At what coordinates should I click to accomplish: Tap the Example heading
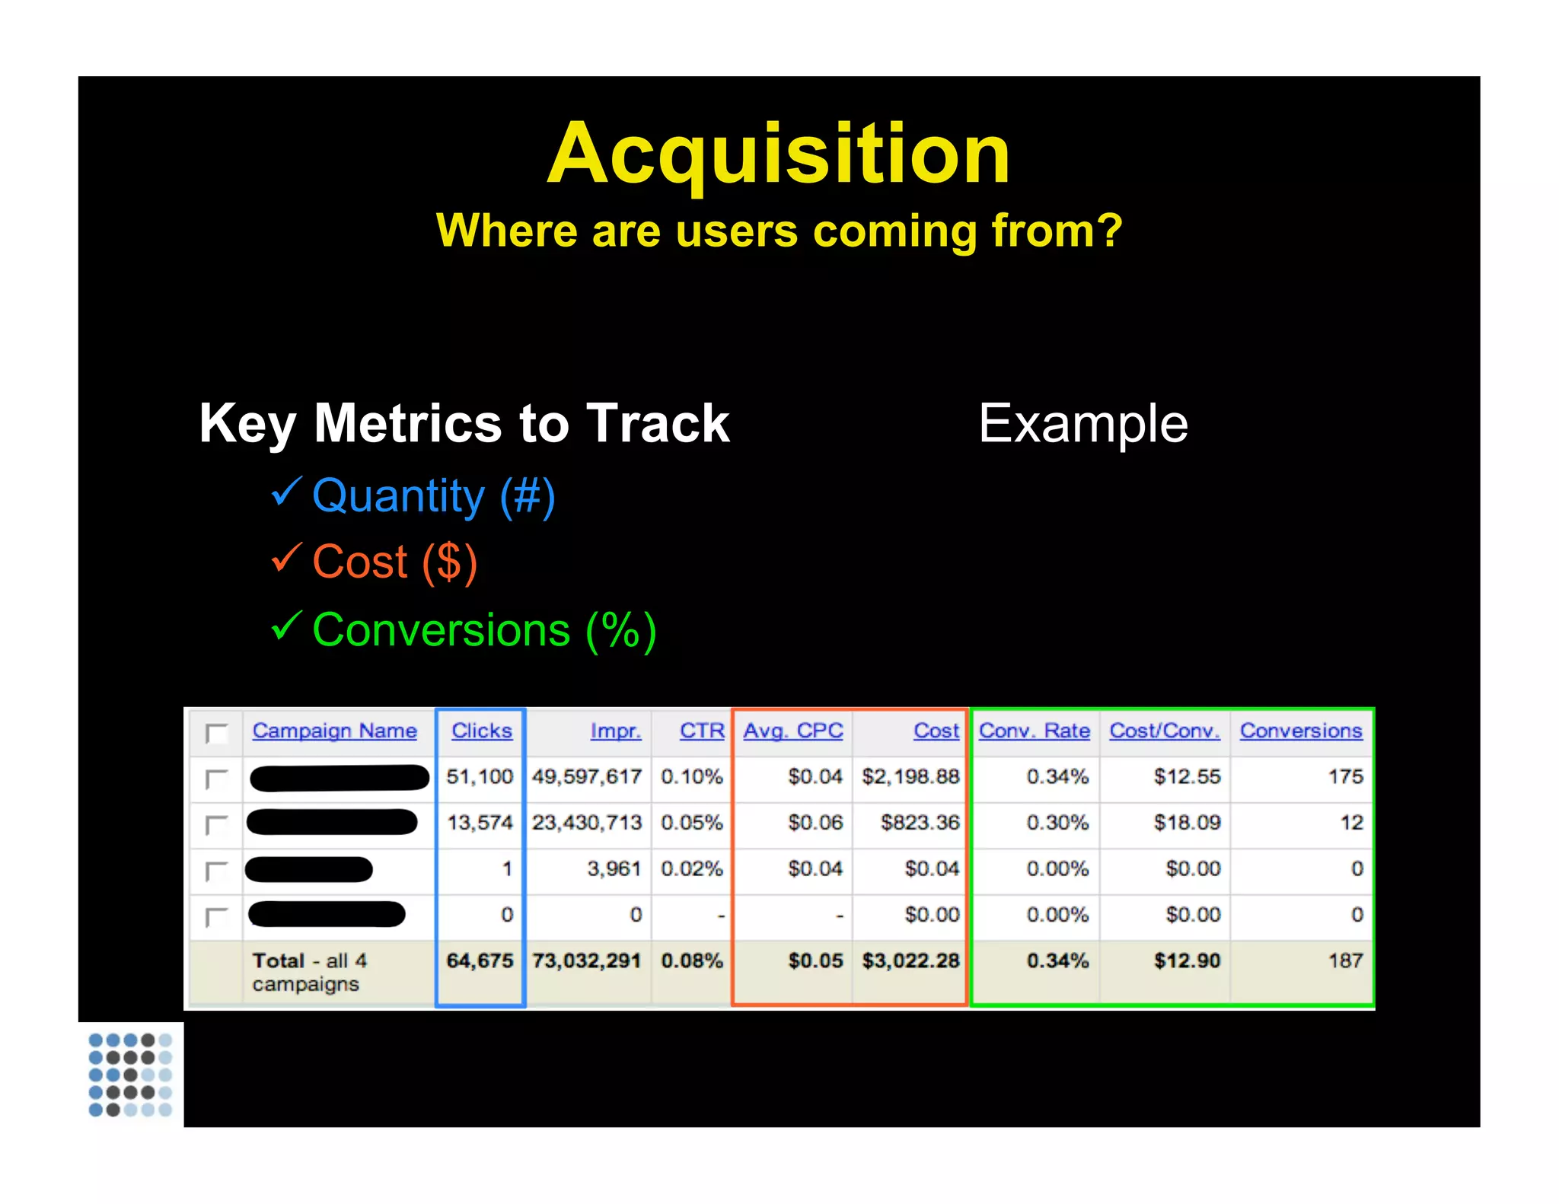(x=1082, y=423)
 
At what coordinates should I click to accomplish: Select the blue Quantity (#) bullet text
(x=433, y=496)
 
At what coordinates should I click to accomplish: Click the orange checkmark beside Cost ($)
(x=287, y=558)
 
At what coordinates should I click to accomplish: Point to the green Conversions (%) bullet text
(x=484, y=631)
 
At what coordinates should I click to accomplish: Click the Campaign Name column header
(x=334, y=731)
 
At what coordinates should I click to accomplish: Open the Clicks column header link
(x=481, y=731)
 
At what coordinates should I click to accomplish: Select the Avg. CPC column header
(x=792, y=731)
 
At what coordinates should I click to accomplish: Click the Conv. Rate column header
(x=1034, y=731)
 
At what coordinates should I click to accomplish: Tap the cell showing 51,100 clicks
(x=480, y=777)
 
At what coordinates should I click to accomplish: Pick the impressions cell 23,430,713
(x=586, y=823)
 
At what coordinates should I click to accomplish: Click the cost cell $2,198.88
(x=910, y=777)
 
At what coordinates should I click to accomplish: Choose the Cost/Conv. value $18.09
(x=1187, y=823)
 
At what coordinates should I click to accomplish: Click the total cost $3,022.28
(x=910, y=960)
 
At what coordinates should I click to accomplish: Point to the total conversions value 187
(x=1345, y=960)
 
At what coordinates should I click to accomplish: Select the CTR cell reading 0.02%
(x=691, y=869)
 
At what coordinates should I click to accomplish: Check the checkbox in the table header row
(x=217, y=733)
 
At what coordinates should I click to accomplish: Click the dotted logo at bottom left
(x=130, y=1074)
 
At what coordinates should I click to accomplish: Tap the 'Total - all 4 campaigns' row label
(x=308, y=972)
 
